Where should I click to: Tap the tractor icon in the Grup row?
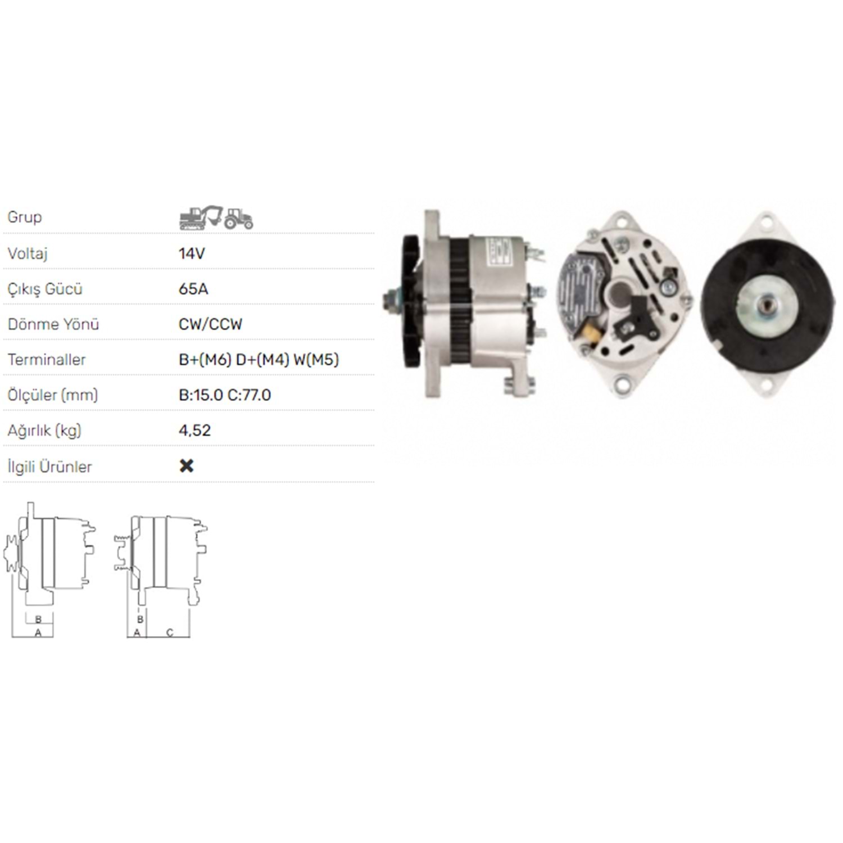click(239, 219)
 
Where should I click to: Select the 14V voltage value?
click(192, 253)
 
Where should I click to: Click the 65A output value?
click(193, 289)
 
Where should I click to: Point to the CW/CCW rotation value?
click(210, 324)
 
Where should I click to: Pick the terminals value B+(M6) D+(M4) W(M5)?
click(259, 360)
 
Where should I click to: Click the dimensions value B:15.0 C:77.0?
click(225, 395)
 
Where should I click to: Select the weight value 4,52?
click(194, 431)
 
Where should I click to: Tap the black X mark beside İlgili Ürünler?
click(187, 466)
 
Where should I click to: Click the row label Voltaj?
click(28, 254)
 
